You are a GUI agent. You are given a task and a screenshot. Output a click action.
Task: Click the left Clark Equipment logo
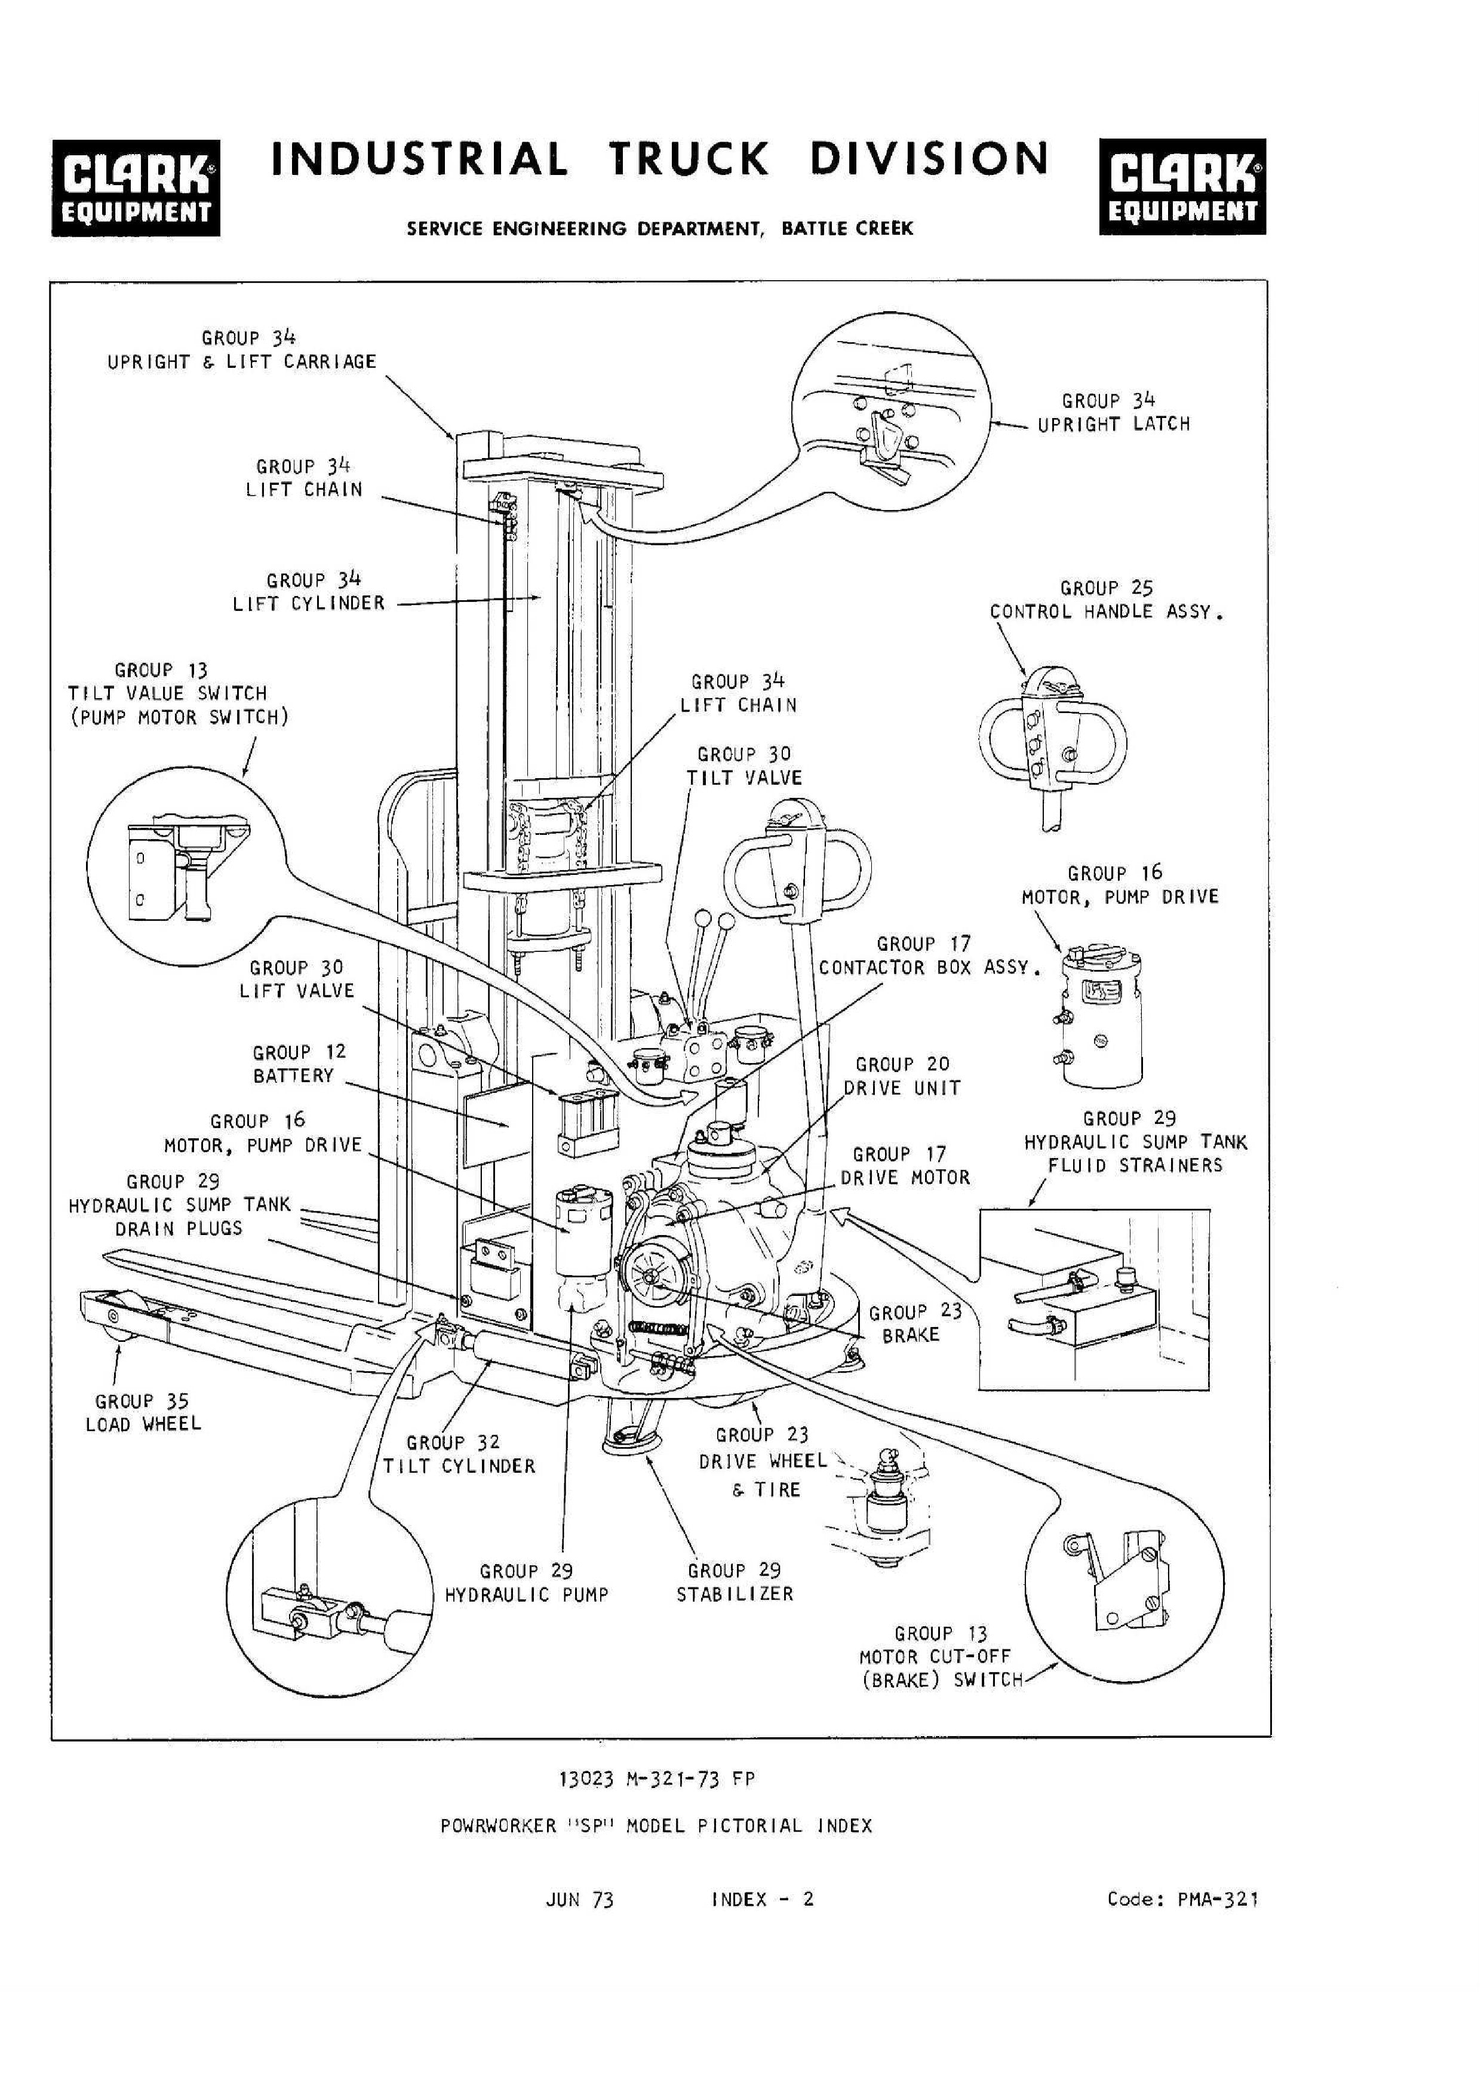pyautogui.click(x=135, y=187)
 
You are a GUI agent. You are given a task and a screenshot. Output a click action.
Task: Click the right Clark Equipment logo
pyautogui.click(x=1182, y=187)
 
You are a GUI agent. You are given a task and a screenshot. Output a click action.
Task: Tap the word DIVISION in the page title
pyautogui.click(x=929, y=159)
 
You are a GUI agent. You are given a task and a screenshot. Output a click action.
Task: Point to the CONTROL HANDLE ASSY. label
pyautogui.click(x=1106, y=612)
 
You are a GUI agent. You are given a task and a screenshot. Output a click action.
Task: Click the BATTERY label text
pyautogui.click(x=294, y=1076)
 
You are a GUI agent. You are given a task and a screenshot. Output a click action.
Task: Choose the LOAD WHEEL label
pyautogui.click(x=143, y=1424)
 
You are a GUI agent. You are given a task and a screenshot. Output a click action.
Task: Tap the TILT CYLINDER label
pyautogui.click(x=459, y=1466)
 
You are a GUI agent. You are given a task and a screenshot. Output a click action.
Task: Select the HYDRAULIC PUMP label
pyautogui.click(x=527, y=1595)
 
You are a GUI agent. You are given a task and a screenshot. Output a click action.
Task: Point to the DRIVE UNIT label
pyautogui.click(x=902, y=1089)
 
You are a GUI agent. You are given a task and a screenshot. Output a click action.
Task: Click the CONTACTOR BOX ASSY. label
pyautogui.click(x=929, y=968)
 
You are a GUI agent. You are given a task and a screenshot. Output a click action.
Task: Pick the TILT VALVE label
pyautogui.click(x=745, y=778)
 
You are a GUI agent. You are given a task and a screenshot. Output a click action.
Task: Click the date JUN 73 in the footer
pyautogui.click(x=579, y=1901)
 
